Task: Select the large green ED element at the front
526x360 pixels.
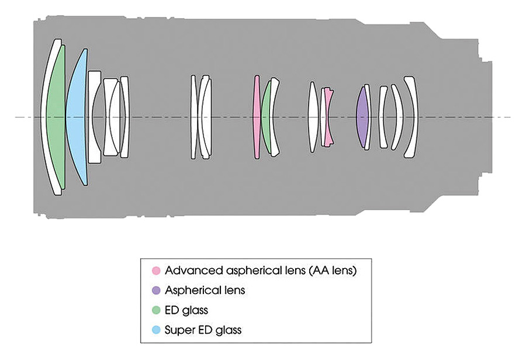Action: pos(56,117)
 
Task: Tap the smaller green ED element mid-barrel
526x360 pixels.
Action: pos(267,117)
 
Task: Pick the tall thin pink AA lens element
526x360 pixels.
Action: pos(256,117)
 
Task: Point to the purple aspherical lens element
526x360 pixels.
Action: pos(362,117)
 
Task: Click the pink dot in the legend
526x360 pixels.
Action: pos(155,271)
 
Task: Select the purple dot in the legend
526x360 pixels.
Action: pos(155,290)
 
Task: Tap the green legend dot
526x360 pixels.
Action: pos(155,310)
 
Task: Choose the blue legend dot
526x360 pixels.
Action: pos(155,330)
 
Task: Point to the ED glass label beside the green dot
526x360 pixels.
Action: pos(186,310)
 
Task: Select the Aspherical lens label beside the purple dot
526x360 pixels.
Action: pos(204,290)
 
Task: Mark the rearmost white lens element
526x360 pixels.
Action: pos(413,117)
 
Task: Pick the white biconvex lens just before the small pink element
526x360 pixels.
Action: pos(313,117)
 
